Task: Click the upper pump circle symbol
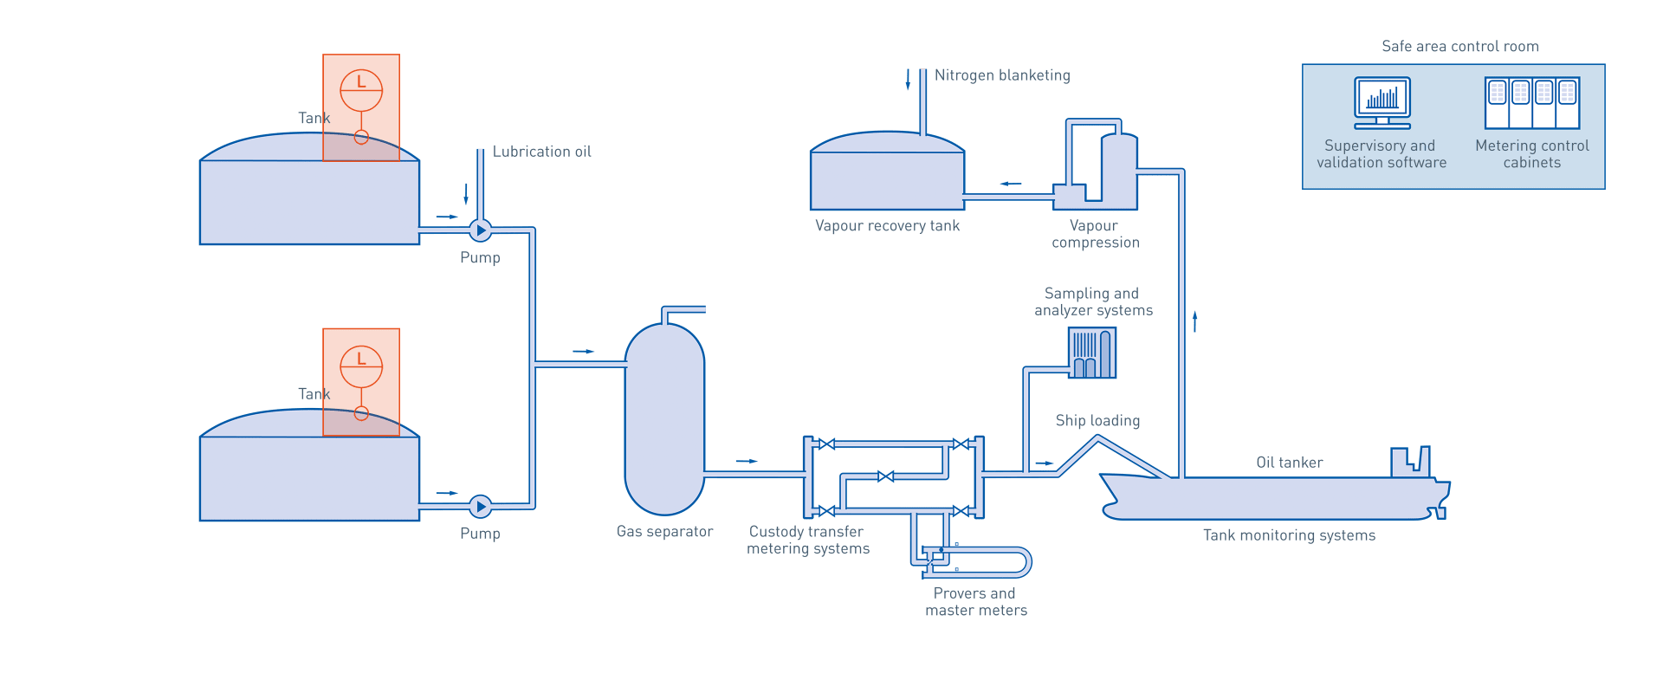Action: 480,230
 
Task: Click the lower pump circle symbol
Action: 480,507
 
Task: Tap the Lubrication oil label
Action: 541,152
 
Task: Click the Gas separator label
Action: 664,532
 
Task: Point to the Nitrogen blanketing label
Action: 1002,75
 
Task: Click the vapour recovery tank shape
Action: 887,178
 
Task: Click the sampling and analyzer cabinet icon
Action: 1092,353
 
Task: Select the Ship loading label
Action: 1097,421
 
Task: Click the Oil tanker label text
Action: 1289,463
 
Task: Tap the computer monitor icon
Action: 1382,102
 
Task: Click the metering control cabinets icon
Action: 1532,103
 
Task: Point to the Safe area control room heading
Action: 1460,47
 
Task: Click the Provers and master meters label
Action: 975,602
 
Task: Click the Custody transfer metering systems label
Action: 807,541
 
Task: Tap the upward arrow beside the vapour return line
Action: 1195,321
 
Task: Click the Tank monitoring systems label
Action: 1289,535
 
